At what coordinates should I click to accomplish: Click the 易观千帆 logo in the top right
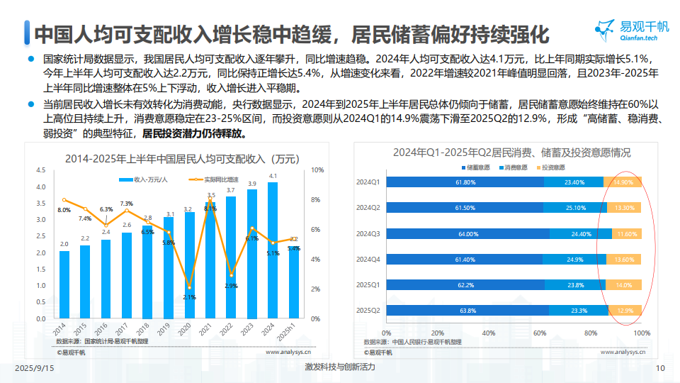click(x=632, y=33)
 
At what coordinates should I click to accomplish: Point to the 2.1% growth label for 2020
click(x=188, y=296)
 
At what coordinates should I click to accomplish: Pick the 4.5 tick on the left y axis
click(x=40, y=170)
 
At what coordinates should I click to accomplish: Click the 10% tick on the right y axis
click(x=318, y=170)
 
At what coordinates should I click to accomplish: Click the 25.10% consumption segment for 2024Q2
click(x=575, y=208)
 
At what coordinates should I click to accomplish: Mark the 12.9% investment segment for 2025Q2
click(x=625, y=310)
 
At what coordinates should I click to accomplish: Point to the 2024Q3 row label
click(x=368, y=233)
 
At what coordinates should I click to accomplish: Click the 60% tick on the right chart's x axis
click(x=539, y=333)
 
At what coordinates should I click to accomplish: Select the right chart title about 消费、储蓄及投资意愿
click(x=512, y=152)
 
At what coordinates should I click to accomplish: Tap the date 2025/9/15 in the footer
click(x=35, y=367)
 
